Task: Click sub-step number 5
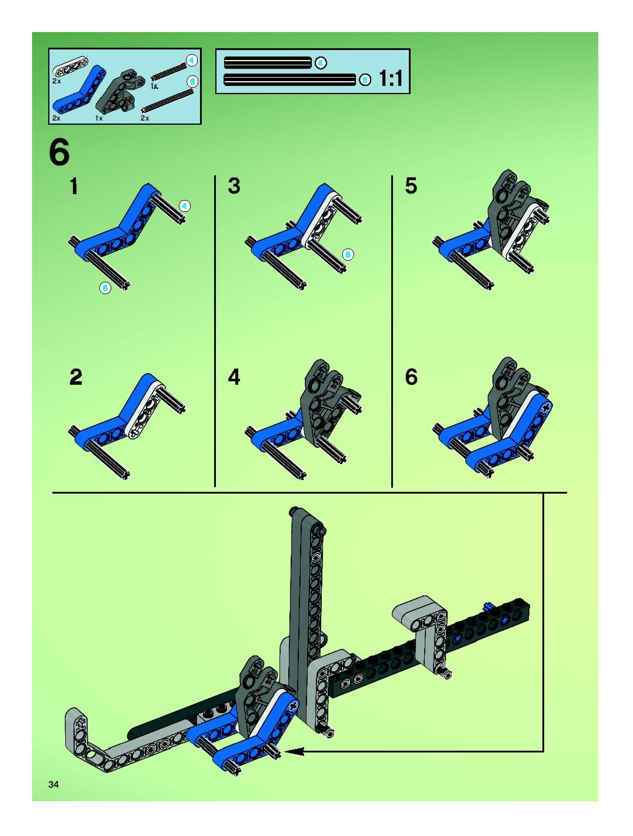411,186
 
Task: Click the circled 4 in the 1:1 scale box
320,63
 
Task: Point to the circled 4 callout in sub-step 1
184,206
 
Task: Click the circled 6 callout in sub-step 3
348,255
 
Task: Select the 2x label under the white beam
56,81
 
